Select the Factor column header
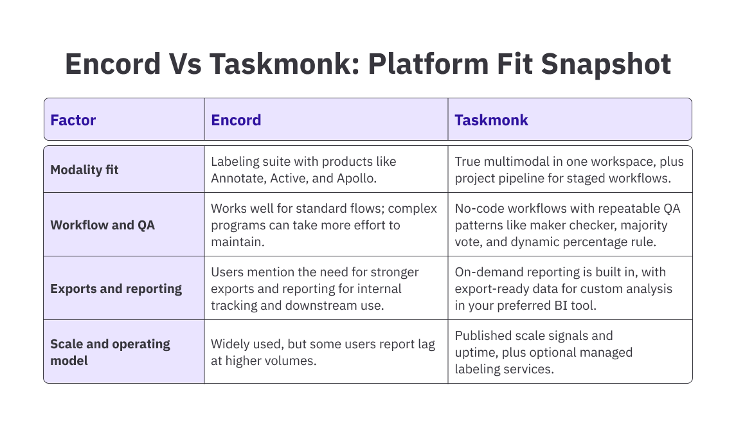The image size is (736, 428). tap(73, 120)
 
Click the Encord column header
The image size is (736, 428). tap(236, 120)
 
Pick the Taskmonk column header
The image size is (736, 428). tap(491, 120)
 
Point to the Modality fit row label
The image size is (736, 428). tap(84, 170)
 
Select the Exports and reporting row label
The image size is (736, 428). tap(116, 289)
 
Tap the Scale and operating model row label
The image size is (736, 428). tap(110, 352)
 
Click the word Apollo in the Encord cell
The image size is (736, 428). tap(357, 177)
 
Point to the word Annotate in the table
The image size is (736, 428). tap(237, 177)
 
